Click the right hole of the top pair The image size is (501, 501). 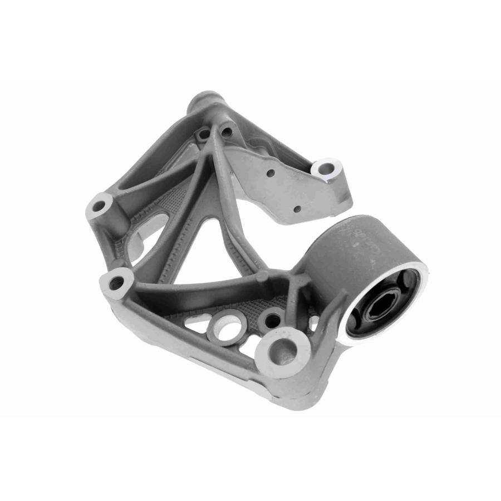coord(226,131)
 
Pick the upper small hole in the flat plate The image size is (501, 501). coord(271,173)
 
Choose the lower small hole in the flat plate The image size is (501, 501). coord(297,209)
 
